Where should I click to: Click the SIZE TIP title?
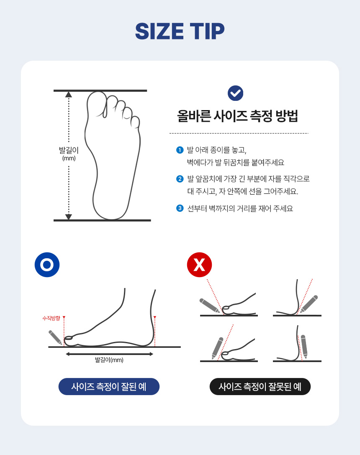point(180,31)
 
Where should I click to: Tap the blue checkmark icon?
point(235,93)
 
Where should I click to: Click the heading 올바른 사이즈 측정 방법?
point(238,116)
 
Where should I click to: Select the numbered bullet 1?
point(180,150)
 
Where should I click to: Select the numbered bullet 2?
point(180,179)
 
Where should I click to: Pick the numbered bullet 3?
point(180,208)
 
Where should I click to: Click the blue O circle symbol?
point(47,265)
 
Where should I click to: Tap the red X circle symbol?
point(199,265)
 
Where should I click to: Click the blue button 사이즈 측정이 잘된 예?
point(109,386)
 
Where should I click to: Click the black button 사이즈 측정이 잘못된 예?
point(260,386)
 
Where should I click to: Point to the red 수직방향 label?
point(51,318)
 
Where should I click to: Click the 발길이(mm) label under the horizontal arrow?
point(109,360)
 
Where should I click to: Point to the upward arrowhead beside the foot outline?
point(69,94)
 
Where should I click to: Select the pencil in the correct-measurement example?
point(55,337)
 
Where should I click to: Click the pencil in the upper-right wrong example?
point(309,304)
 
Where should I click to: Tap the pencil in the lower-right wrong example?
point(304,347)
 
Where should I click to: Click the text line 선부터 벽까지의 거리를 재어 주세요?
point(240,208)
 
